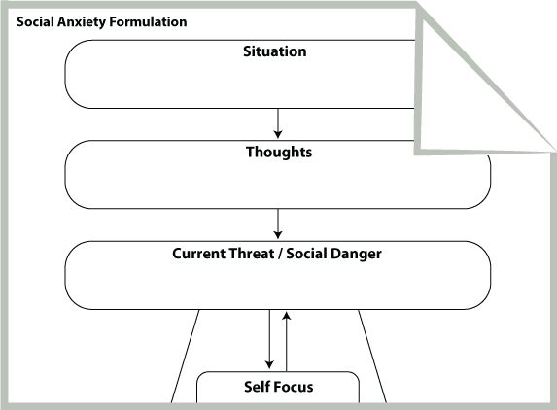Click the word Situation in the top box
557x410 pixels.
coord(274,51)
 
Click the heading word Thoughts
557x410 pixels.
coord(279,152)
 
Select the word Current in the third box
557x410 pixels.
coord(198,254)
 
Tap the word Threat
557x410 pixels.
coord(251,254)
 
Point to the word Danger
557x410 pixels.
coord(357,254)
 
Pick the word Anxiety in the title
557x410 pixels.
coord(82,22)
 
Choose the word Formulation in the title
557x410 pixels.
coord(148,22)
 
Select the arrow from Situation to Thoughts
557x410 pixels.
coord(278,123)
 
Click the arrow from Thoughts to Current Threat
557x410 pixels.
coord(278,224)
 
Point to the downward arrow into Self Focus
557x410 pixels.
coord(269,339)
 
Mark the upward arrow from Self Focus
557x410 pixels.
coord(287,341)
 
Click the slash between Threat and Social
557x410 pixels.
coord(280,254)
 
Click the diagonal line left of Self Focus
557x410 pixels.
coord(185,356)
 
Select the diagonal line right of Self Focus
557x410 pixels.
coord(372,356)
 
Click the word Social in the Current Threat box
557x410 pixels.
coord(306,254)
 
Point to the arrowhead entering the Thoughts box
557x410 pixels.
coord(278,134)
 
